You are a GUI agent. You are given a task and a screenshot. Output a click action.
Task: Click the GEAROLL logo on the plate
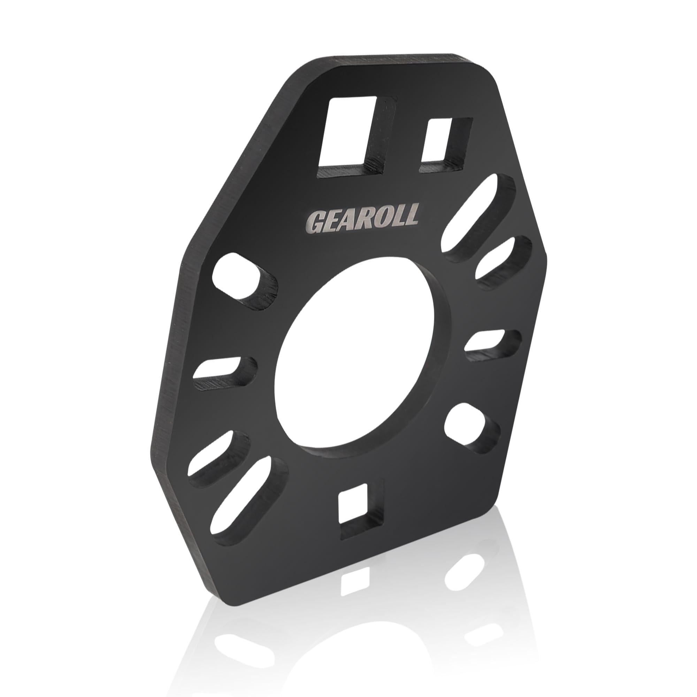point(362,219)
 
